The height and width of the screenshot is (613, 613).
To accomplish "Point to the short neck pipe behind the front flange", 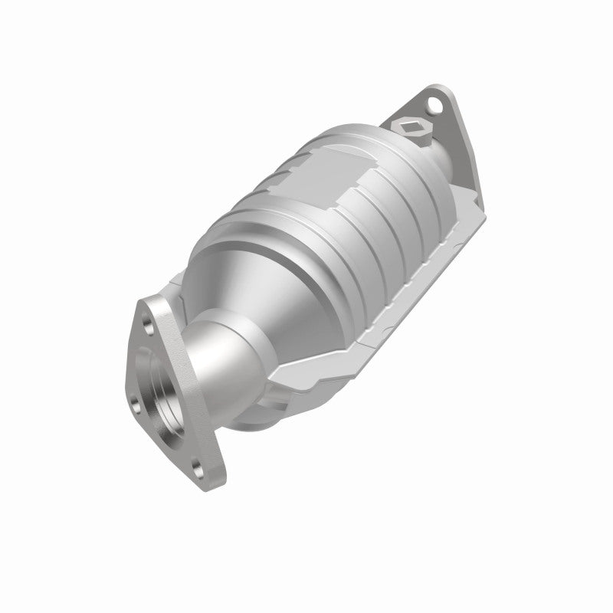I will [222, 360].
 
